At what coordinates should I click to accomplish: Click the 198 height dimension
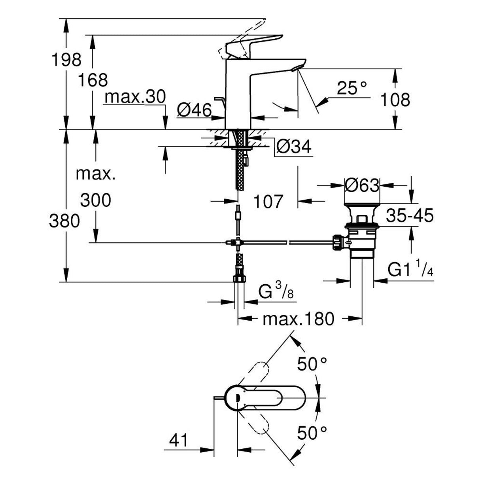click(x=66, y=60)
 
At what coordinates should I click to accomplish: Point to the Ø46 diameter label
click(x=194, y=110)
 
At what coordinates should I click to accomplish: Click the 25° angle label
click(x=352, y=89)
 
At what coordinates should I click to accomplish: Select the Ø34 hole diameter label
click(x=293, y=147)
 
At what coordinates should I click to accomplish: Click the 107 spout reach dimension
click(x=269, y=201)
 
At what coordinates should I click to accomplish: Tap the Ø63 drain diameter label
click(x=362, y=185)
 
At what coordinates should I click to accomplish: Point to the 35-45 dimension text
click(x=410, y=216)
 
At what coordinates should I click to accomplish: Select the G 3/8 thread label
click(x=275, y=293)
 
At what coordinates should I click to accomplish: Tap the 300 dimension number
click(x=96, y=200)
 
